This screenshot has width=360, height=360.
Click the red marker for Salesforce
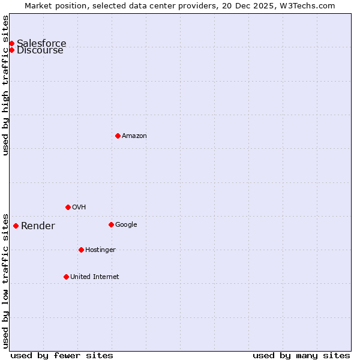point(11,43)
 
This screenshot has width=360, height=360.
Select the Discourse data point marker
point(11,50)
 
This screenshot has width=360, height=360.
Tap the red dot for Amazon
point(118,136)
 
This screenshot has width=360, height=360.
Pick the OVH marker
point(68,207)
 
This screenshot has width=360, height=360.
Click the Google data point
point(111,224)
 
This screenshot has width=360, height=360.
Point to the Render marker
point(16,226)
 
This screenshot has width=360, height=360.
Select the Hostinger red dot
point(81,250)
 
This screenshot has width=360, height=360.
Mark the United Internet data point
point(66,277)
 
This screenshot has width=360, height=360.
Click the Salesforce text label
point(41,43)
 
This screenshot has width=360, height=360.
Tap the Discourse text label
point(40,50)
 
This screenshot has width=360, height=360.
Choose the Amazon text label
point(134,136)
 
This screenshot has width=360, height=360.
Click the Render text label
point(38,226)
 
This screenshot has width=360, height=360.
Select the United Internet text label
point(95,277)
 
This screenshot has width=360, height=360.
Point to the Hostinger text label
point(100,250)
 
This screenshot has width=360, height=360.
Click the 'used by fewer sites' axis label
point(62,355)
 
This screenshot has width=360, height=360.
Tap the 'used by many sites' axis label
point(301,355)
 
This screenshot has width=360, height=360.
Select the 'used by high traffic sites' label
point(5,85)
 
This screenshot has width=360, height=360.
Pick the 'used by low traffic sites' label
point(5,280)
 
